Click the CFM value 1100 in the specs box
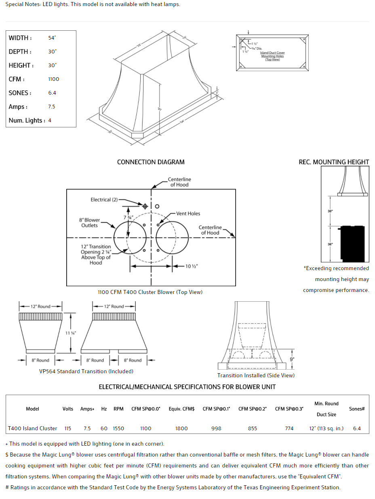pos(53,79)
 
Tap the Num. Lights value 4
pos(50,121)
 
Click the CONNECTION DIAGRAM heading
pos(151,162)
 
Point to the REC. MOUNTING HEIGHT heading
pos(334,162)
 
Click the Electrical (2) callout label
pos(104,200)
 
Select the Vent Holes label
pos(188,214)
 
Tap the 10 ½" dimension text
pos(192,266)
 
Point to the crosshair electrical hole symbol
pos(145,206)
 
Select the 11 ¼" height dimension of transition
pos(71,333)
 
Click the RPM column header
pos(118,409)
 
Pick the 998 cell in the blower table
pos(216,428)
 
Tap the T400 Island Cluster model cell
pos(32,428)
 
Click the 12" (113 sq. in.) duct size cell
pos(326,428)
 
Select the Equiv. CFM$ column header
pos(181,409)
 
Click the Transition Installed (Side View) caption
pos(256,375)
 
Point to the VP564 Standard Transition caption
pos(86,371)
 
